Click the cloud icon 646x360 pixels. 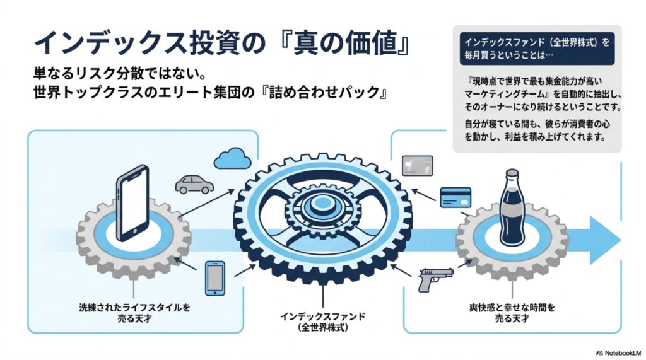pos(233,158)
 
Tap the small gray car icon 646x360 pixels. pos(194,184)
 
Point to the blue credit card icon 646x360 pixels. pos(455,198)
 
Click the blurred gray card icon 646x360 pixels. pos(418,166)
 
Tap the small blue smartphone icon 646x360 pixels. pos(215,278)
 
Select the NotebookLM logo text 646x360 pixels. pos(619,353)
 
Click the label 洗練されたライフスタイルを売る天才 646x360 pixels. pos(134,313)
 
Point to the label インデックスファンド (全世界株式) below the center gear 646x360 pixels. pos(322,322)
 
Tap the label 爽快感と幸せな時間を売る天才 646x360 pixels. pos(512,313)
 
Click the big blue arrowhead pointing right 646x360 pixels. pos(605,240)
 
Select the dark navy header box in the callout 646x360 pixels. pos(537,49)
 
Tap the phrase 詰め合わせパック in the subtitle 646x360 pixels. pos(324,92)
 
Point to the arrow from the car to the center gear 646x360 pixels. pos(206,202)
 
